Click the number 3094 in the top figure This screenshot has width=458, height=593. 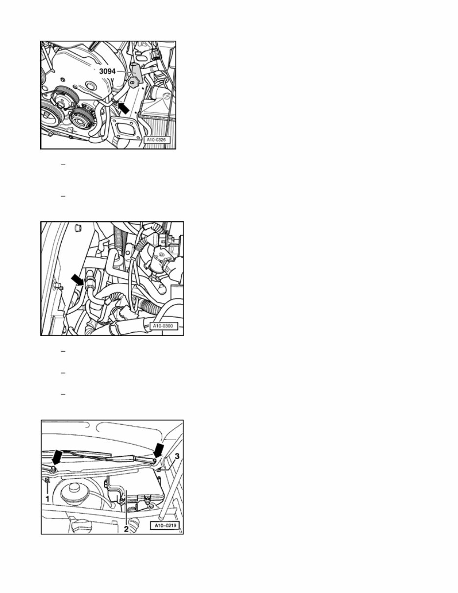point(107,71)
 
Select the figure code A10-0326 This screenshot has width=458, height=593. point(156,140)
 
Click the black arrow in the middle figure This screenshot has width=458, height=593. point(78,280)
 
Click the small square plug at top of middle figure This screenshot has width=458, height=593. point(78,227)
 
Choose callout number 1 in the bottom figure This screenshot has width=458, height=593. point(48,499)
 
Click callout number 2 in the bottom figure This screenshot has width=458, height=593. point(126,529)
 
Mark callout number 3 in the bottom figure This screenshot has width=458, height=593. point(177,456)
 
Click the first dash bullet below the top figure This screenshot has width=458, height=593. point(63,165)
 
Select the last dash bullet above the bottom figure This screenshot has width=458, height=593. point(63,395)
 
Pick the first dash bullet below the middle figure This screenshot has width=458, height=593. point(63,351)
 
